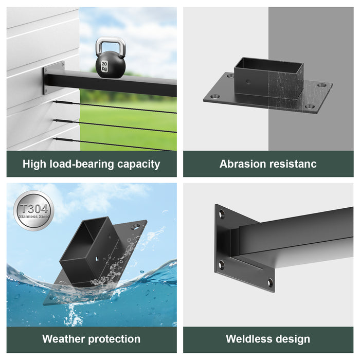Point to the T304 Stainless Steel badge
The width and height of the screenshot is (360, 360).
click(x=33, y=210)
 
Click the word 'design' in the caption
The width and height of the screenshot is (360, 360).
click(x=293, y=339)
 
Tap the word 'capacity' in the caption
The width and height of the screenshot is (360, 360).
click(x=138, y=164)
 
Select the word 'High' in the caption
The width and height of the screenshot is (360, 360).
click(x=33, y=164)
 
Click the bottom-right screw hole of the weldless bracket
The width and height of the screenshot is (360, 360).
click(x=269, y=282)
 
